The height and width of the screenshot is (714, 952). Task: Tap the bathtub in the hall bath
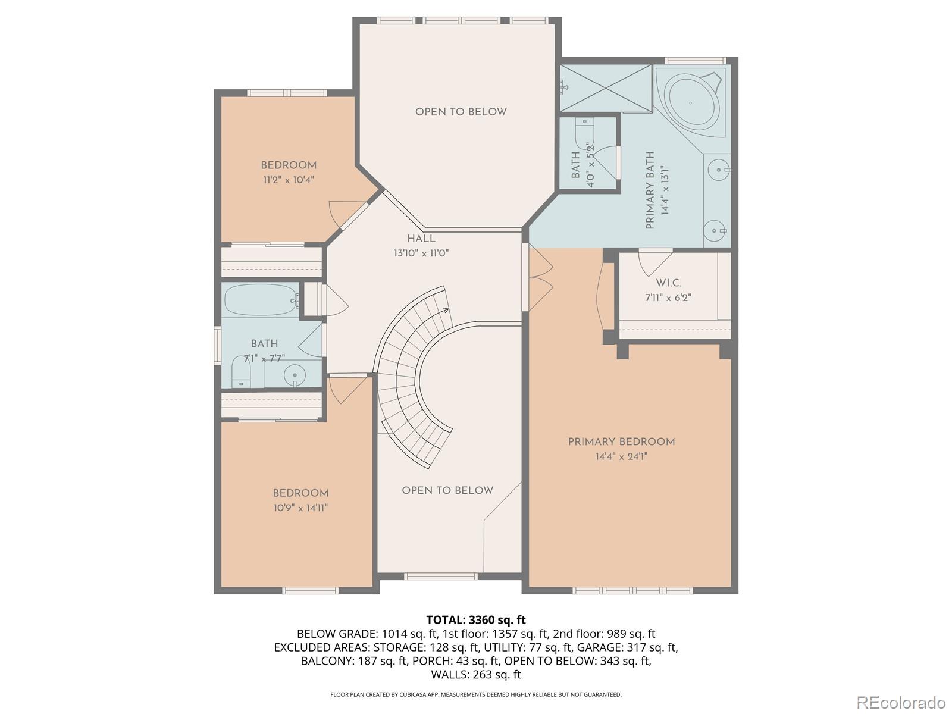261,299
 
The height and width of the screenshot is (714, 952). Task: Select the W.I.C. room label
668,283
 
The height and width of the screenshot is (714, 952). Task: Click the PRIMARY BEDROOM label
622,441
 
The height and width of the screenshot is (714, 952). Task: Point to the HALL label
421,239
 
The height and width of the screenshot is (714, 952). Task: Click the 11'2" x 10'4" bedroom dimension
289,180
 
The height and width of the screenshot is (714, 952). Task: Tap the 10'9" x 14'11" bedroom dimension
300,508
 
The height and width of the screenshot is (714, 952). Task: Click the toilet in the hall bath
241,371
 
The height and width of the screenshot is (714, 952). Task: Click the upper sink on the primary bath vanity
719,170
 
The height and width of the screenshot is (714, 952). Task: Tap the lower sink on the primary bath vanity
714,231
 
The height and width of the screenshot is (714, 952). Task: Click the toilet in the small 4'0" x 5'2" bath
583,131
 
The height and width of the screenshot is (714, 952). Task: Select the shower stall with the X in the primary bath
606,89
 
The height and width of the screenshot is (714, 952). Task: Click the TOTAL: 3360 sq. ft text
476,620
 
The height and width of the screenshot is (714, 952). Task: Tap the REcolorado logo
901,702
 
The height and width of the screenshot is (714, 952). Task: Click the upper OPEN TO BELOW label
461,112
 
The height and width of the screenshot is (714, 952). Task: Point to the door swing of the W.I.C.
655,263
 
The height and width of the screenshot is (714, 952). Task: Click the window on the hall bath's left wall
217,346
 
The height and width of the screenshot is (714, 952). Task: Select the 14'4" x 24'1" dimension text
622,456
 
